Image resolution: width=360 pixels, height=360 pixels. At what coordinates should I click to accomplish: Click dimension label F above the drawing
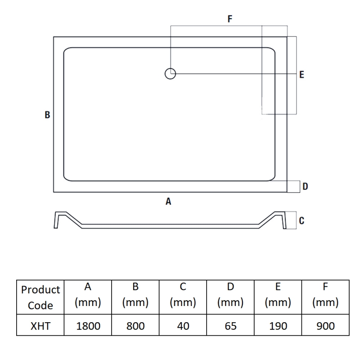(230, 19)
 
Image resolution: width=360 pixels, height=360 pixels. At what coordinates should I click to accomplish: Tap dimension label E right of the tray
(301, 75)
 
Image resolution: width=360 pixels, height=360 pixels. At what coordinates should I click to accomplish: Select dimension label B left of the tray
(47, 115)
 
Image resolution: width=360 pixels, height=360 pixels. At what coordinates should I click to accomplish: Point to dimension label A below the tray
(168, 202)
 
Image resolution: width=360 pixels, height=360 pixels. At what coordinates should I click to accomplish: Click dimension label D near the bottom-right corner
(305, 186)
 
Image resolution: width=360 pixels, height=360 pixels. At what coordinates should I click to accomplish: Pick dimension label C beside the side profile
(301, 220)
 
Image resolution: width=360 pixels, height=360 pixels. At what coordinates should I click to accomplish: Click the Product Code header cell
(40, 297)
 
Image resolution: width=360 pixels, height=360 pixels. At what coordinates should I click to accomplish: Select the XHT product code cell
(40, 326)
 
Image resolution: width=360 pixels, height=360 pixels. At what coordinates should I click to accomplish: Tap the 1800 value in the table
(88, 326)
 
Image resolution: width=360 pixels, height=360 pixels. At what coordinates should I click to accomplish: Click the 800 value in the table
(136, 326)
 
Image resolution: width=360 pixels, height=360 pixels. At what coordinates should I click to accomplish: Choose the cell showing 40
(183, 326)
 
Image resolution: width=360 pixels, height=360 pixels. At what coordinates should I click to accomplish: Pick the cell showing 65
(230, 326)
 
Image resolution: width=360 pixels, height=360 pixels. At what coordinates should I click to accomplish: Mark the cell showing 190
(278, 326)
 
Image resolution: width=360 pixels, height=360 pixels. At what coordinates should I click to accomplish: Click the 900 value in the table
(325, 326)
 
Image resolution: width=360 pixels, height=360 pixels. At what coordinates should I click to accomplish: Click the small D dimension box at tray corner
(294, 186)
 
